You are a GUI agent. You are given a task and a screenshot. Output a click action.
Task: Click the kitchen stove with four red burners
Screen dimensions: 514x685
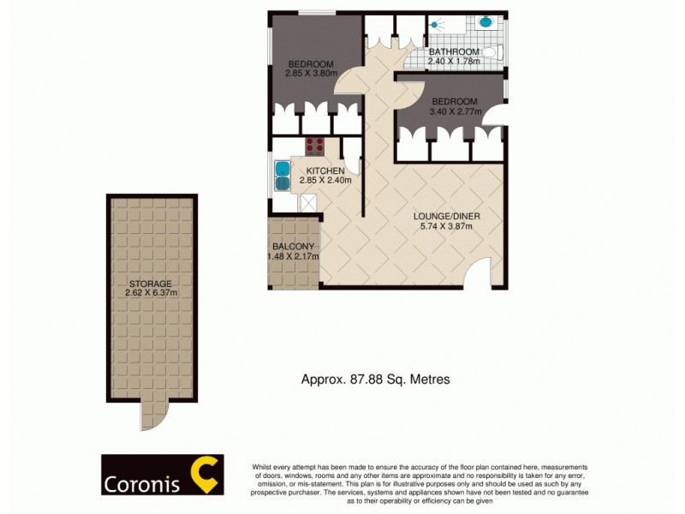point(314,146)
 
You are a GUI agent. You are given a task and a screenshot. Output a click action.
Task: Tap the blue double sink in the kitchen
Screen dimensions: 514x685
point(283,174)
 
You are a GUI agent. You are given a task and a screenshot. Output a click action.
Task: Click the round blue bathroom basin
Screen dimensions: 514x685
point(485,21)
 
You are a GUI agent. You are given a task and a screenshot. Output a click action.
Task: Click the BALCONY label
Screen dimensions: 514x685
point(293,247)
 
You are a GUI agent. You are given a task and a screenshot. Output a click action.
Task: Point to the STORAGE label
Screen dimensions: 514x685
point(150,284)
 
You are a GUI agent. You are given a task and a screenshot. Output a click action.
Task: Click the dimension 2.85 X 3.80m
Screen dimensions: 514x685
point(312,74)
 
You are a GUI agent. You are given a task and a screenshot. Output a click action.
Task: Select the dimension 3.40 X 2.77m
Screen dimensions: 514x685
point(456,111)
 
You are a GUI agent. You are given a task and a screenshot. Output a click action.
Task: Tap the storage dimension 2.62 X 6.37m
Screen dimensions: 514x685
point(150,293)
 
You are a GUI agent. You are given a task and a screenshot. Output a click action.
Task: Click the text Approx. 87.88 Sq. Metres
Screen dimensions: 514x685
point(375,378)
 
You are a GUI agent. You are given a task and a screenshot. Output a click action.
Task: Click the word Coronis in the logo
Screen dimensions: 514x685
point(142,484)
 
